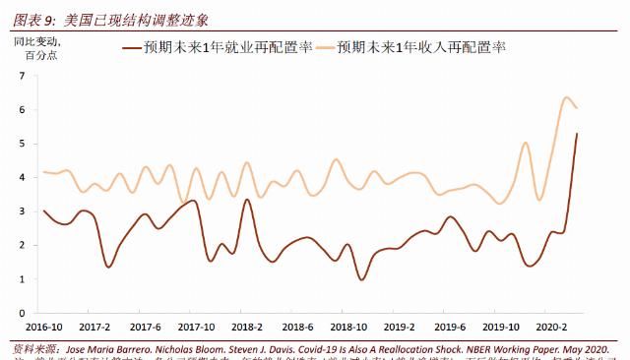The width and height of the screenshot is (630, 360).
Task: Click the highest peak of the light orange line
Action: point(566,97)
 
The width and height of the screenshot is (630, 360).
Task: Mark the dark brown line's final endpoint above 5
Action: point(577,134)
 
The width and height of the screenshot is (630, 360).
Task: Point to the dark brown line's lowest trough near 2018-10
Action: point(362,279)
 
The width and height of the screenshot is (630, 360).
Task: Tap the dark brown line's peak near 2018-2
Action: point(246,200)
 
